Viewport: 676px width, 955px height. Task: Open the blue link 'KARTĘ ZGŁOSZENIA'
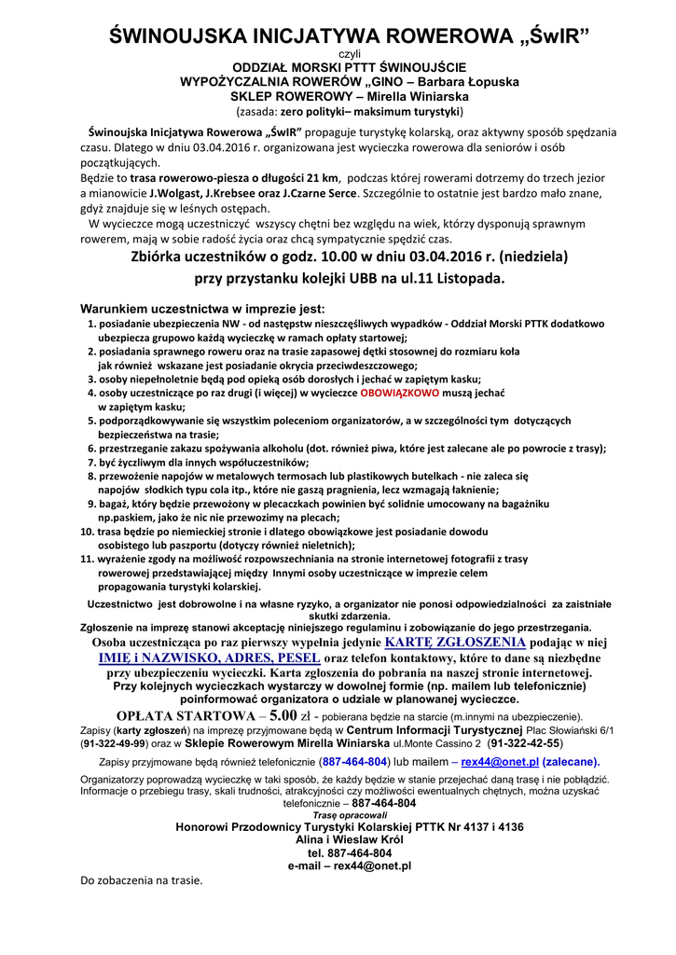coord(455,643)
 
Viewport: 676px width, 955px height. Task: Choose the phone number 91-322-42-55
coord(526,743)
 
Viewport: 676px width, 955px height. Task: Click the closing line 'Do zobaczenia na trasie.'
coord(142,879)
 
